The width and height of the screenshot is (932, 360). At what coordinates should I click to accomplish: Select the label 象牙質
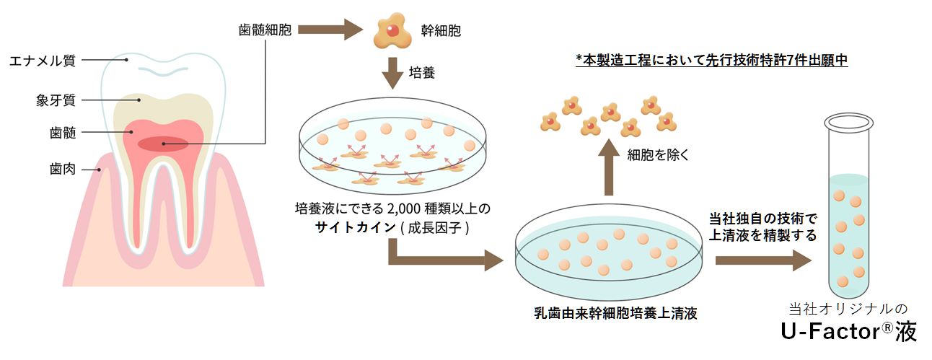[56, 98]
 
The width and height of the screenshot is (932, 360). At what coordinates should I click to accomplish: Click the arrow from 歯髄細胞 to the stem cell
[330, 30]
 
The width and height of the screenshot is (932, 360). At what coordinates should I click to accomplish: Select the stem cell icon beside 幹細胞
[392, 30]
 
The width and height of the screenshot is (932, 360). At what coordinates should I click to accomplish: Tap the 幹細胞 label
[441, 31]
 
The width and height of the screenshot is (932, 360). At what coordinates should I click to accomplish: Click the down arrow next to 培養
[392, 73]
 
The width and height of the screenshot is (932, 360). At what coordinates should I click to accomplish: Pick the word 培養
[422, 74]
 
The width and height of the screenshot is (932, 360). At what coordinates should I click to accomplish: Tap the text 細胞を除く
[659, 154]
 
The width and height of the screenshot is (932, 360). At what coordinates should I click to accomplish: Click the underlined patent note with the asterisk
[711, 61]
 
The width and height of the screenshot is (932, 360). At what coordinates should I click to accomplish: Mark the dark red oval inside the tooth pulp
[163, 144]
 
